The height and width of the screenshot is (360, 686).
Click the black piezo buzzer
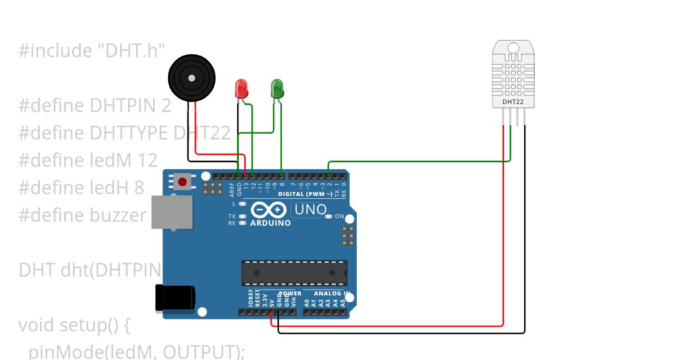tap(192, 78)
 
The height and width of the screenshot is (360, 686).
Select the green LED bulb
tap(277, 87)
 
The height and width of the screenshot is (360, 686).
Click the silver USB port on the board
tap(171, 212)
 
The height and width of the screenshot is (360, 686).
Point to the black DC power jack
tap(175, 298)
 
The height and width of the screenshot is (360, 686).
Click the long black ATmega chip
tap(294, 273)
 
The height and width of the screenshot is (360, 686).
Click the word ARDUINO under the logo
tap(270, 223)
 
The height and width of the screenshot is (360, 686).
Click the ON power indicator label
tap(339, 217)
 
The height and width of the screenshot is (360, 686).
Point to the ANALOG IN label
tap(332, 294)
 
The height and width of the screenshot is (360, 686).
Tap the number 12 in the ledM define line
tap(147, 160)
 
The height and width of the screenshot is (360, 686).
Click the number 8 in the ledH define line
tap(139, 187)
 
